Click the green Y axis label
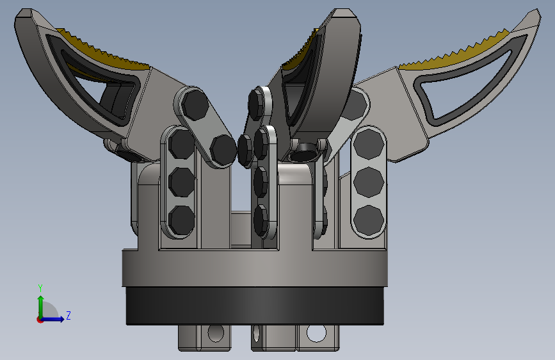point(40,288)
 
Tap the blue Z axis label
point(68,315)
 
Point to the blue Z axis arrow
point(53,319)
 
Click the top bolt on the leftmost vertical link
point(181,144)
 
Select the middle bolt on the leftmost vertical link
point(182,182)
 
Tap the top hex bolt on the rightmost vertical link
point(369,144)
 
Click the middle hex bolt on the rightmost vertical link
point(369,182)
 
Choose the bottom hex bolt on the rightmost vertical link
point(369,220)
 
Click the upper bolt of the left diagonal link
point(195,104)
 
